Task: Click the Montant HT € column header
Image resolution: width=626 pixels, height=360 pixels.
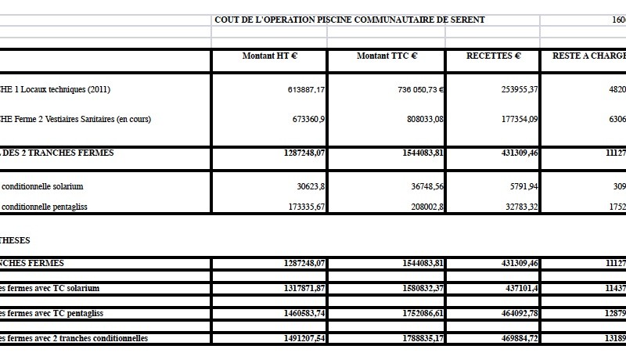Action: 269,56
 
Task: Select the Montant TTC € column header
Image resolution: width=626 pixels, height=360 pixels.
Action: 387,56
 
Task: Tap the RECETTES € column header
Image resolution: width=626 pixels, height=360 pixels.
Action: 493,56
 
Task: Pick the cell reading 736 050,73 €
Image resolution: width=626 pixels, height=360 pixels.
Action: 420,90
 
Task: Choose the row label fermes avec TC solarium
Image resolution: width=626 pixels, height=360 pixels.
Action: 51,289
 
